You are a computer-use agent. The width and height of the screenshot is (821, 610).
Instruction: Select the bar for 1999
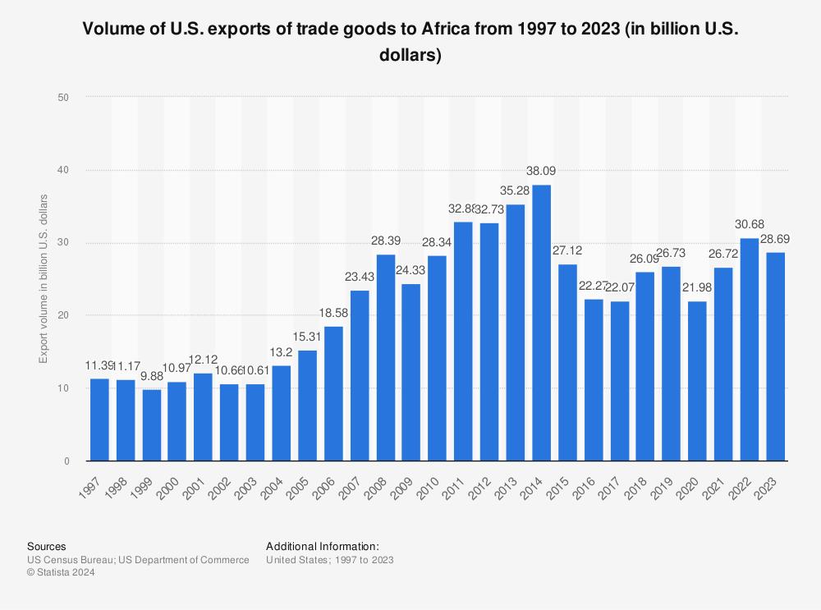152,424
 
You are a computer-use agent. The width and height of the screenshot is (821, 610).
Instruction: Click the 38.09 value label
542,172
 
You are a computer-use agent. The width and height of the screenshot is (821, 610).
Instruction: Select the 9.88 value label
152,377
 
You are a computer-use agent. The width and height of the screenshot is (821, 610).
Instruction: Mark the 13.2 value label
282,353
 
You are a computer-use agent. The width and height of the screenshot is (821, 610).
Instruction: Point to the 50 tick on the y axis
64,97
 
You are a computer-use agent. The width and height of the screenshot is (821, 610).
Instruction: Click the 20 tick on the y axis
64,315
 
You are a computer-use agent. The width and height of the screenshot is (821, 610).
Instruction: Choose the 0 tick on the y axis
67,461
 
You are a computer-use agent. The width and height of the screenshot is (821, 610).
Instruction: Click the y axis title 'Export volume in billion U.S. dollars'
44,279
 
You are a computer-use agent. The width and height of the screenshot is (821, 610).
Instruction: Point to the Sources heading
47,546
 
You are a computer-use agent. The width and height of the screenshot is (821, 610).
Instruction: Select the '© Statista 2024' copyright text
61,573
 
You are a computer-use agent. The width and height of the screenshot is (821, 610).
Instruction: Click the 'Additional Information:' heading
323,546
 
